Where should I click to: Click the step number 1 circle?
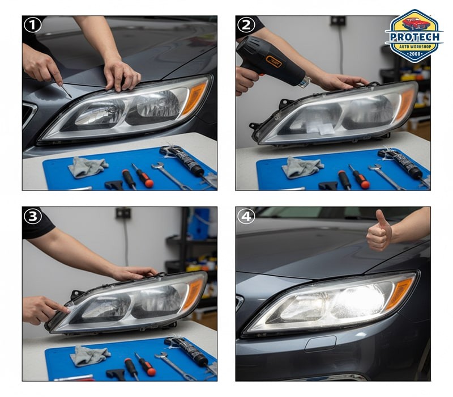point(33,25)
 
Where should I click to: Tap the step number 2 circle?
point(246,25)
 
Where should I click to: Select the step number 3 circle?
point(33,216)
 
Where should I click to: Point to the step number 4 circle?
point(246,216)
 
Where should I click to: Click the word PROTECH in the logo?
point(414,37)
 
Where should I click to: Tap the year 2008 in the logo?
point(414,54)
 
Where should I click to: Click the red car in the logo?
point(416,23)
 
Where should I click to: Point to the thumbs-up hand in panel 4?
point(379,231)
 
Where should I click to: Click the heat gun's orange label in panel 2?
point(273,61)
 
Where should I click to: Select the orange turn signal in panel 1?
point(194,98)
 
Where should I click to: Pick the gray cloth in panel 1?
point(88,167)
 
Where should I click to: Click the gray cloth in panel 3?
point(89,356)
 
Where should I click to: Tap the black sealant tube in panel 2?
point(400,163)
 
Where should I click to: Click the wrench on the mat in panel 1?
point(170,176)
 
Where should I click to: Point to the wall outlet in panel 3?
point(123,213)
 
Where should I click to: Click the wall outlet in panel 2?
point(338,20)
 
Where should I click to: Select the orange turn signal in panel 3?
point(193,294)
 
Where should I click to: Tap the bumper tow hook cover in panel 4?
point(320,344)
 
